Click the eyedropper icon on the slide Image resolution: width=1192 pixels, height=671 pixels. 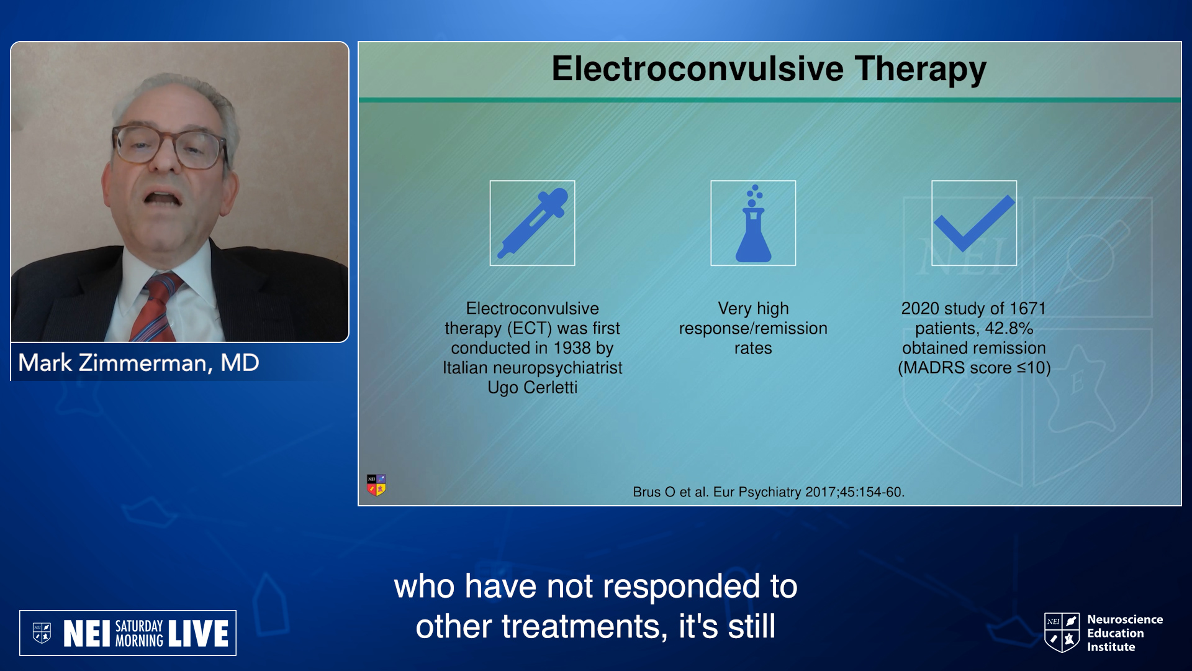click(533, 223)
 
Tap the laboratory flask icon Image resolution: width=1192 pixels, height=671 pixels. click(753, 223)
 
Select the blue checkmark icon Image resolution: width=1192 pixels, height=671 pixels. click(974, 223)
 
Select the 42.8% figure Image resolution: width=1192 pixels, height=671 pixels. click(1009, 328)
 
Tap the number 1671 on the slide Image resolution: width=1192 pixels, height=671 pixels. click(1027, 308)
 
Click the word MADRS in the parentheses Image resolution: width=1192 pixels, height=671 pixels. click(934, 368)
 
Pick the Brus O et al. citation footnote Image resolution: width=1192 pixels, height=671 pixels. click(769, 492)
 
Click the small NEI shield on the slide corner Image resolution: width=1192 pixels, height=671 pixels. click(376, 485)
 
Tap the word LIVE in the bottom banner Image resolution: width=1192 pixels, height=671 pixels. click(198, 634)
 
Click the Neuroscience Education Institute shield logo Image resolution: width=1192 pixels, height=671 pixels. click(1062, 632)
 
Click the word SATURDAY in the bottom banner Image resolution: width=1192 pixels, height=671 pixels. click(139, 626)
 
